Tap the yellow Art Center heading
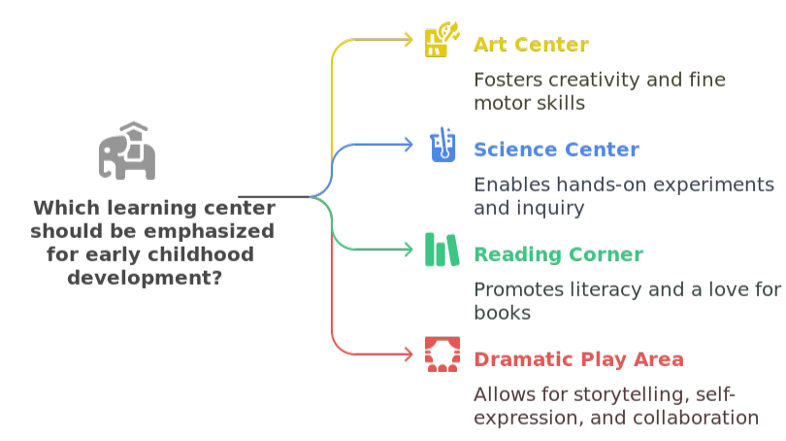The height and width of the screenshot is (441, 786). [x=531, y=45]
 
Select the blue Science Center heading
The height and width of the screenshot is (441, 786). [x=556, y=150]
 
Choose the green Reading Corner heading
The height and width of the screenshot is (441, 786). [x=558, y=254]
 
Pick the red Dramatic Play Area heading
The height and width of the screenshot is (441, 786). [x=578, y=359]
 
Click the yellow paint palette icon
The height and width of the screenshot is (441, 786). [x=437, y=43]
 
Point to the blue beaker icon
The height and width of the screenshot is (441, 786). [x=442, y=146]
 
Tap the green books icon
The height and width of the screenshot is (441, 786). [x=442, y=250]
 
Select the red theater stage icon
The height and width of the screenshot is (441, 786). [x=442, y=355]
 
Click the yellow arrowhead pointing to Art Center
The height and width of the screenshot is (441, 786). [x=409, y=40]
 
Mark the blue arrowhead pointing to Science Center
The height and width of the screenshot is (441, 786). [x=409, y=145]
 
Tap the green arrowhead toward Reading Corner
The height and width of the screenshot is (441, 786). [x=409, y=250]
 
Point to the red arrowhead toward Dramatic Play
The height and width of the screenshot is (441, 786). [x=409, y=355]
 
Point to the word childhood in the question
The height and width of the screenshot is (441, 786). [x=203, y=254]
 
